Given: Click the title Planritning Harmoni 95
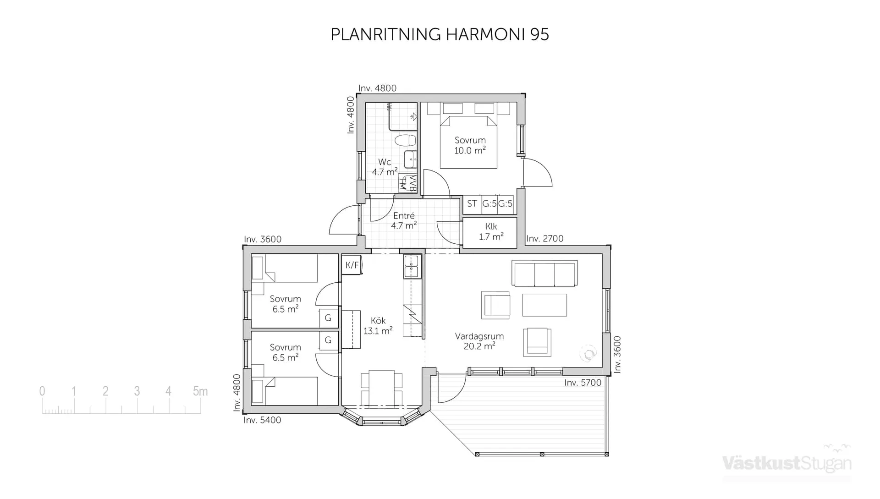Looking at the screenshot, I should coord(439,34).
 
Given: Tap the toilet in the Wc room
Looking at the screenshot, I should coord(405,140).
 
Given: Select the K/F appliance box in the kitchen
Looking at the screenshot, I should coord(352,265).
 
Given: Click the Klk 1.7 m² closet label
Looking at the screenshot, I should coord(491,232).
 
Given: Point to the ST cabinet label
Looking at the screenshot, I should coord(472,204).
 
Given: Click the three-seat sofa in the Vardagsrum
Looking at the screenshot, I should coord(544,274).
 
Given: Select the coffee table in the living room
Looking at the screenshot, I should coord(544,305).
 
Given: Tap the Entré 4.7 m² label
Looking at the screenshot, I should coord(404,221).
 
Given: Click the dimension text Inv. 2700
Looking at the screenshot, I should coord(544,238).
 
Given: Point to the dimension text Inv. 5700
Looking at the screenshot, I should coord(583,383).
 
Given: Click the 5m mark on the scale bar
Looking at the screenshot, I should coord(200,391).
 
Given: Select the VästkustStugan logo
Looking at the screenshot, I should coord(787,463).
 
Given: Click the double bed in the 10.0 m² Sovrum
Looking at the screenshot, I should coord(468,142).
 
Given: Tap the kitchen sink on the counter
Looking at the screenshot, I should coord(411,266).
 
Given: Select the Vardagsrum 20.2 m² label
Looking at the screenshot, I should coord(479,341).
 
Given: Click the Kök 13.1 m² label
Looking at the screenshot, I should coord(378,326).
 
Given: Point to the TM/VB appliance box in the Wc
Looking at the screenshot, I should coord(407,183).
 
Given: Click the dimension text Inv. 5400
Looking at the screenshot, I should coord(262,420).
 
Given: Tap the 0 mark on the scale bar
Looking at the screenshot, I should coord(42,391).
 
